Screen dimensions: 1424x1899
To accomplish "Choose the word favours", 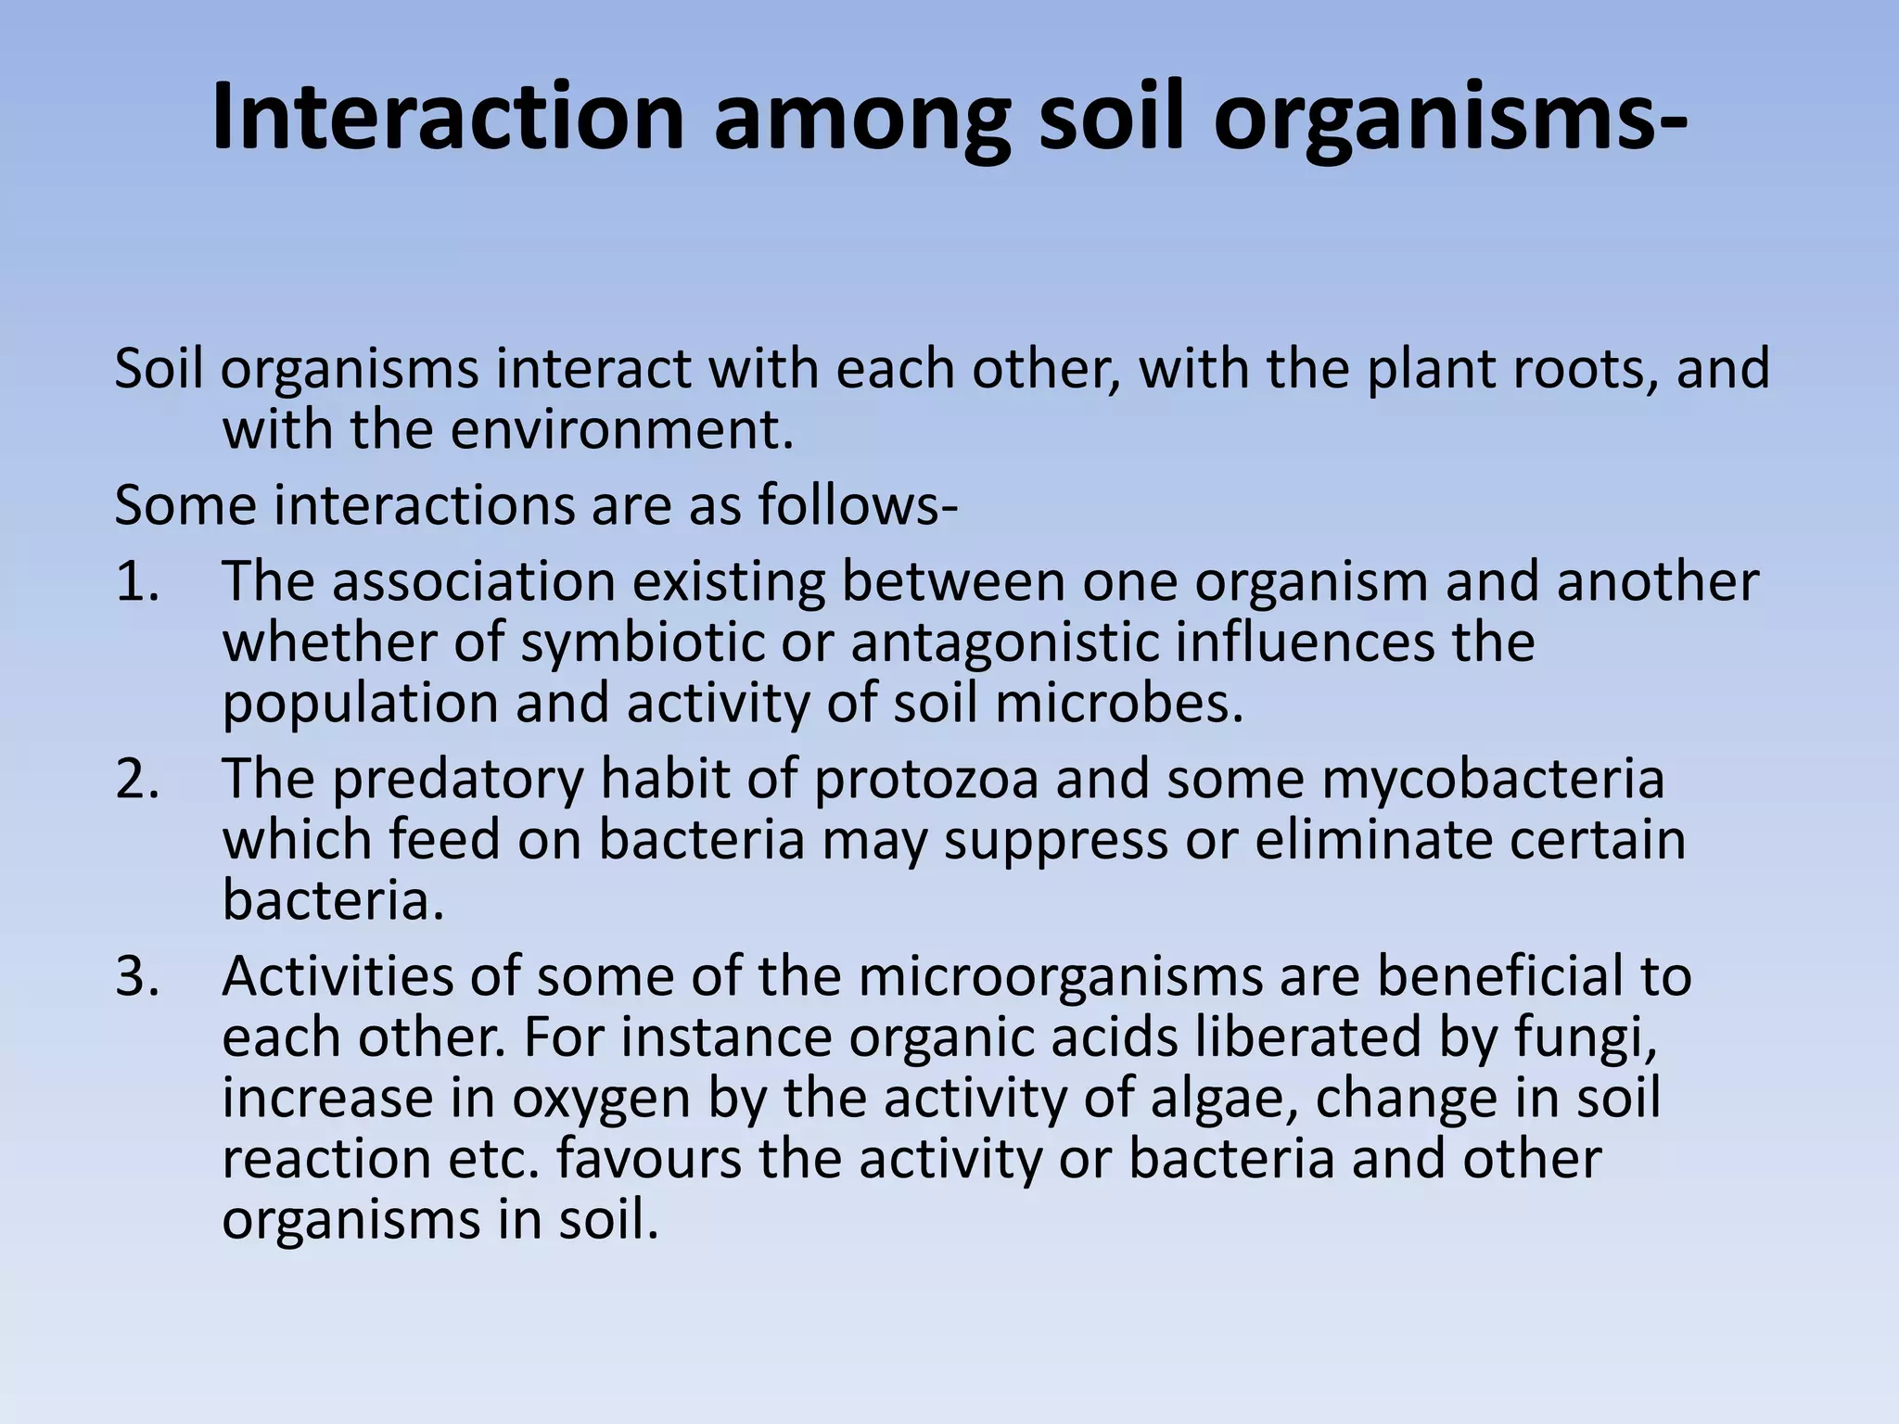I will tap(649, 1160).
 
